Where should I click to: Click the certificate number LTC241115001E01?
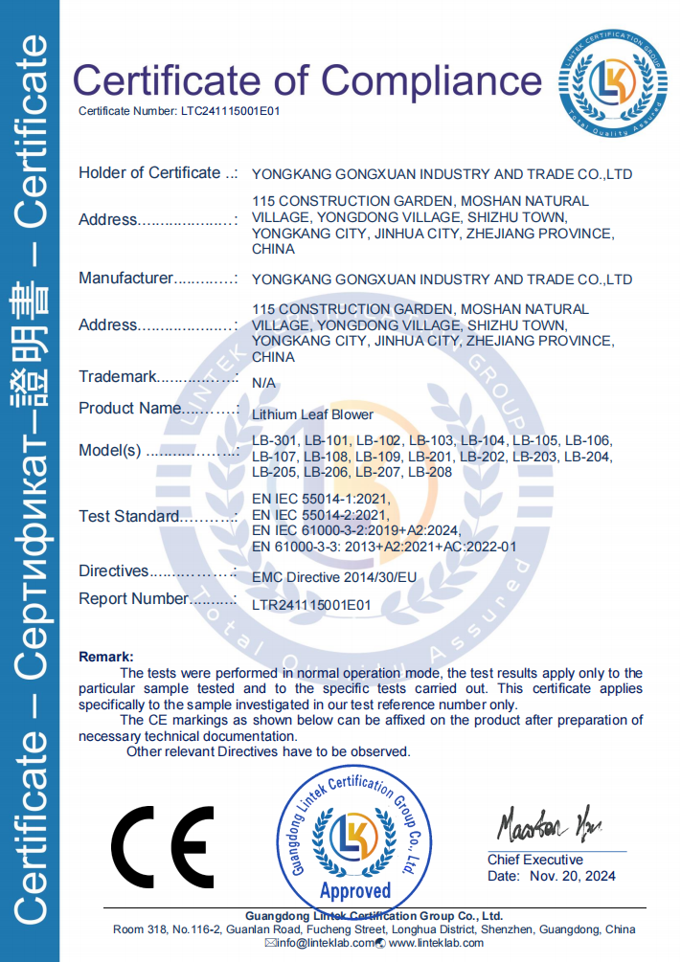[230, 112]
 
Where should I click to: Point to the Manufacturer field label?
[125, 279]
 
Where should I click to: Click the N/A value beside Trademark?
[263, 382]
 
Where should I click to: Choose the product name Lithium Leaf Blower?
[312, 414]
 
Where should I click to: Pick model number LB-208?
[429, 472]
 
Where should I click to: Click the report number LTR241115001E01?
[310, 605]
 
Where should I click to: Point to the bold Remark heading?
[105, 657]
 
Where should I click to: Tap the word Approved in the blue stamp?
[355, 891]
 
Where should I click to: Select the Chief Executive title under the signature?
[534, 860]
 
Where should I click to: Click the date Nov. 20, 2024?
[571, 876]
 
